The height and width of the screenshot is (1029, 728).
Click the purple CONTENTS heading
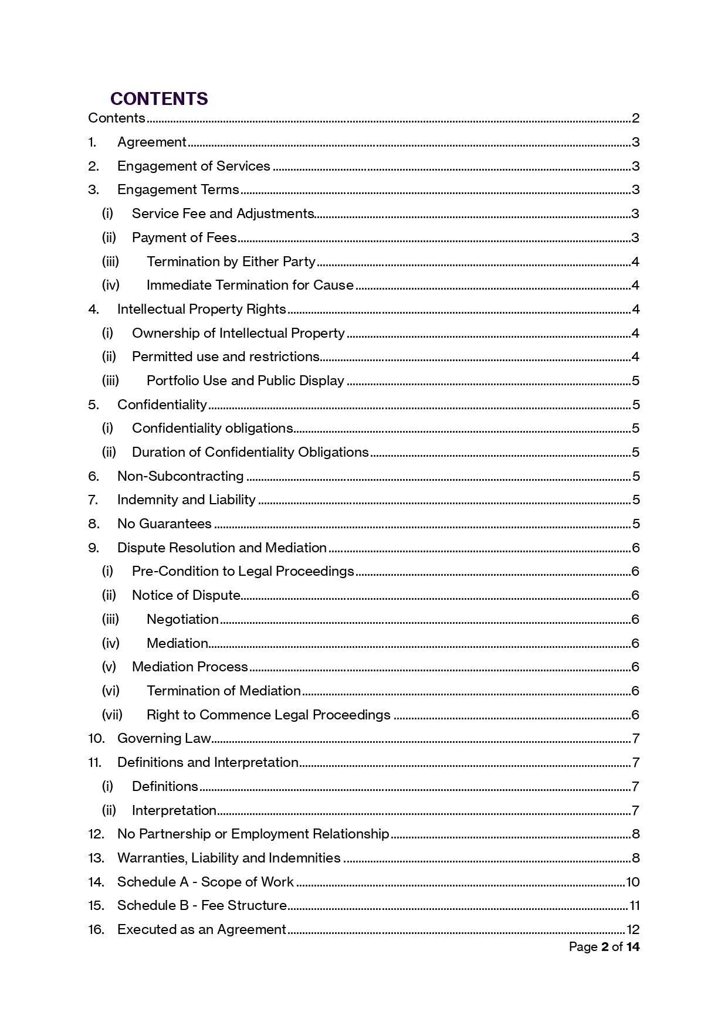pyautogui.click(x=159, y=99)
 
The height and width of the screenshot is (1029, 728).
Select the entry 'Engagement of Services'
pyautogui.click(x=194, y=166)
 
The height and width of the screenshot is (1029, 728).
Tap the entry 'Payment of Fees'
pyautogui.click(x=184, y=237)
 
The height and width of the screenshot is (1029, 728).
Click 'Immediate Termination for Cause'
pyautogui.click(x=250, y=286)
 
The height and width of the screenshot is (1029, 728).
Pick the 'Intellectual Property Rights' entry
pyautogui.click(x=201, y=309)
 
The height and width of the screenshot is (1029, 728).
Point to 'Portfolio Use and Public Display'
pyautogui.click(x=245, y=381)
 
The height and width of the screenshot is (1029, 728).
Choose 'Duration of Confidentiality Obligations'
pyautogui.click(x=250, y=452)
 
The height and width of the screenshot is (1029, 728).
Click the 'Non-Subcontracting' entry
pyautogui.click(x=180, y=476)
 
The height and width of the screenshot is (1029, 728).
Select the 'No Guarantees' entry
pyautogui.click(x=164, y=524)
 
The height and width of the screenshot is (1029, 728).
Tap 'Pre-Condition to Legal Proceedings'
pyautogui.click(x=243, y=571)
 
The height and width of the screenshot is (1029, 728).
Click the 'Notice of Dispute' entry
pyautogui.click(x=186, y=595)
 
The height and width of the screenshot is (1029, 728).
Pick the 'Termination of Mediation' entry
pyautogui.click(x=224, y=691)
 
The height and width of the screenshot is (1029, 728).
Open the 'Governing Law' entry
pyautogui.click(x=164, y=738)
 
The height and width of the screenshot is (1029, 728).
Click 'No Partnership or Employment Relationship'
pyautogui.click(x=253, y=834)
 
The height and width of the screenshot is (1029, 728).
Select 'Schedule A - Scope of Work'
pyautogui.click(x=205, y=882)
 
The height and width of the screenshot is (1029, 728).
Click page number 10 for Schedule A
pyautogui.click(x=632, y=882)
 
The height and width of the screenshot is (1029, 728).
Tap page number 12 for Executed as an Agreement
pyautogui.click(x=632, y=929)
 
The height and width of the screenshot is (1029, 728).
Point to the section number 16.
pyautogui.click(x=96, y=929)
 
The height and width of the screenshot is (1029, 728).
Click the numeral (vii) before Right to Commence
pyautogui.click(x=112, y=715)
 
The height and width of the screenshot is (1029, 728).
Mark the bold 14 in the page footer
pyautogui.click(x=632, y=947)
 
